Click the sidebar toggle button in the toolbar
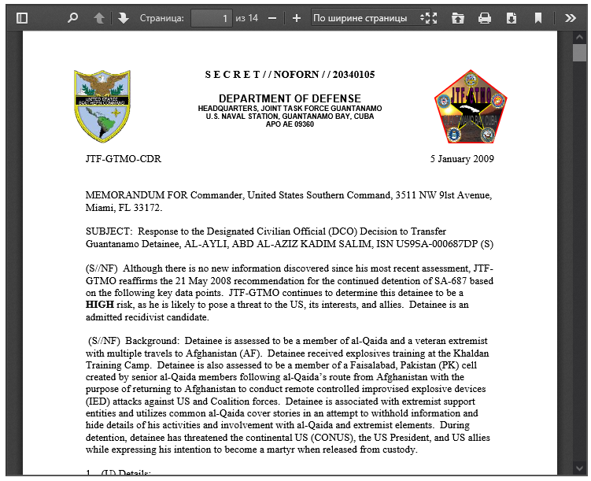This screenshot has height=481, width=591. (22, 17)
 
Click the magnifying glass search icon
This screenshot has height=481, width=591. (73, 17)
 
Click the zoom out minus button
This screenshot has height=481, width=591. (272, 17)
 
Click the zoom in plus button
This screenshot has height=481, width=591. (297, 17)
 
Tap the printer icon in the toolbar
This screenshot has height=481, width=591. (485, 17)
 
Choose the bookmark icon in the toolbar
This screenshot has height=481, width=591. (537, 17)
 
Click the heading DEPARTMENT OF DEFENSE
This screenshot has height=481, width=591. (289, 98)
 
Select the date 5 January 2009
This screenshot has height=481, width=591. (462, 159)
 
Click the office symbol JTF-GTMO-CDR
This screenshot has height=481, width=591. (124, 159)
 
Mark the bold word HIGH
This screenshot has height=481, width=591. (99, 305)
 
